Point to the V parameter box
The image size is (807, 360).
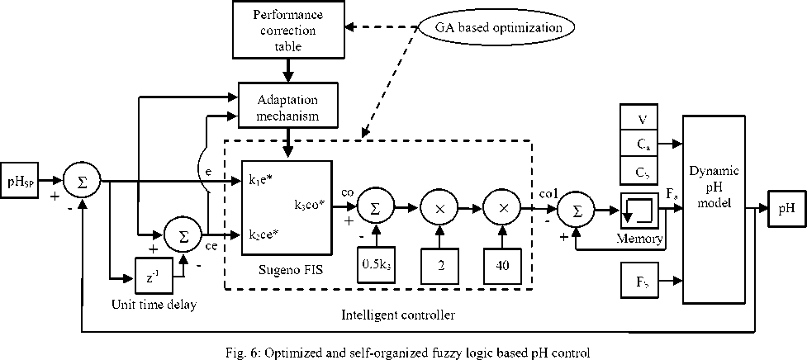pos(641,119)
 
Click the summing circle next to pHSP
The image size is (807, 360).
pos(83,179)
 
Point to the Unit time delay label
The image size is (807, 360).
pos(155,305)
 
